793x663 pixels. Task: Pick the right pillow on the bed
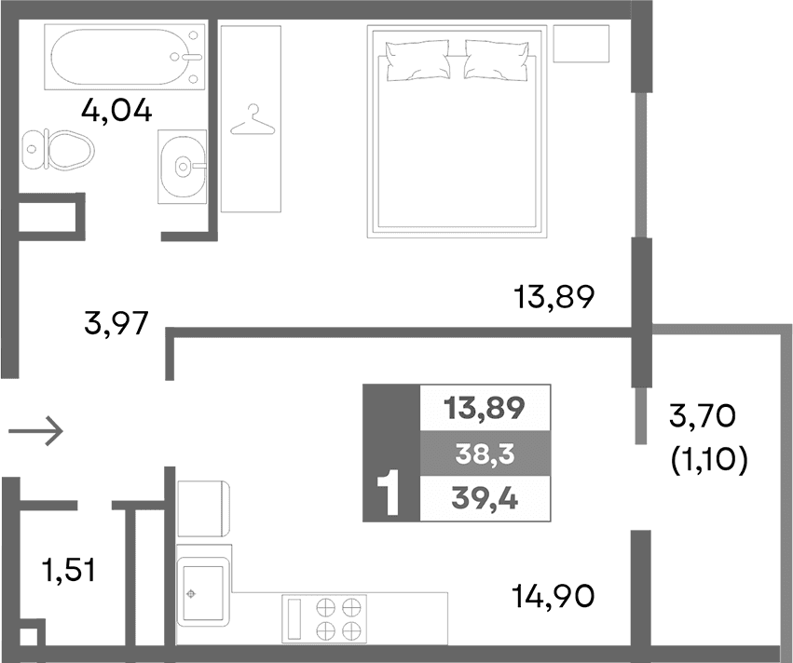(x=499, y=60)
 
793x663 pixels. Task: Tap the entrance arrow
(x=35, y=430)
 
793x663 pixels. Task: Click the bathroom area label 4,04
(x=116, y=112)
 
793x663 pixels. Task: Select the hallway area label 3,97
(x=117, y=327)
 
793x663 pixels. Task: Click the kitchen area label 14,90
(x=553, y=593)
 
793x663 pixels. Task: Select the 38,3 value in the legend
(x=485, y=453)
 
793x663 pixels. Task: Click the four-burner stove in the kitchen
(x=337, y=618)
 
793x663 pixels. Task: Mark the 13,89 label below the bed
(x=554, y=298)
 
